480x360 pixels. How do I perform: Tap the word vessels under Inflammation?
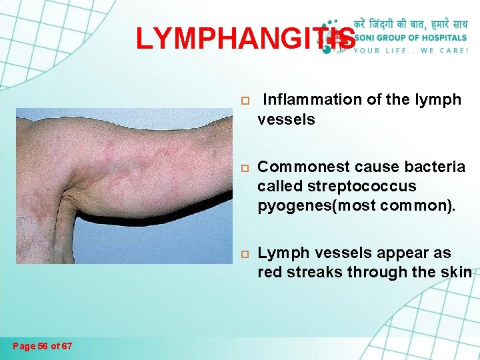(286, 119)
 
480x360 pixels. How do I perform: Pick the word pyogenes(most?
(309, 205)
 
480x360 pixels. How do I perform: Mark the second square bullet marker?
(245, 167)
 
